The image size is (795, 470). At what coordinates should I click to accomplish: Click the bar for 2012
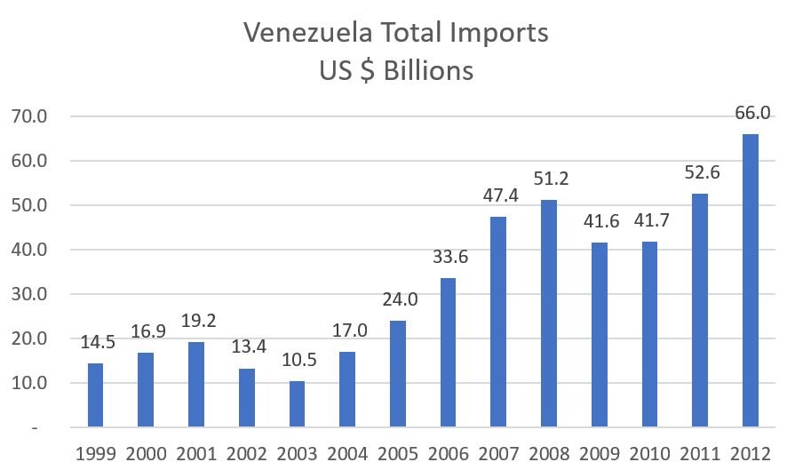[751, 281]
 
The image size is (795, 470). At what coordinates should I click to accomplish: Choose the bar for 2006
[448, 353]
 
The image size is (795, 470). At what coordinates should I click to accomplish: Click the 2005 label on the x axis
[397, 453]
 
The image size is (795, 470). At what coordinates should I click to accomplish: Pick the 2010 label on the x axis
[649, 453]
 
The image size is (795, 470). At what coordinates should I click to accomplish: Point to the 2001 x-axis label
[195, 453]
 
